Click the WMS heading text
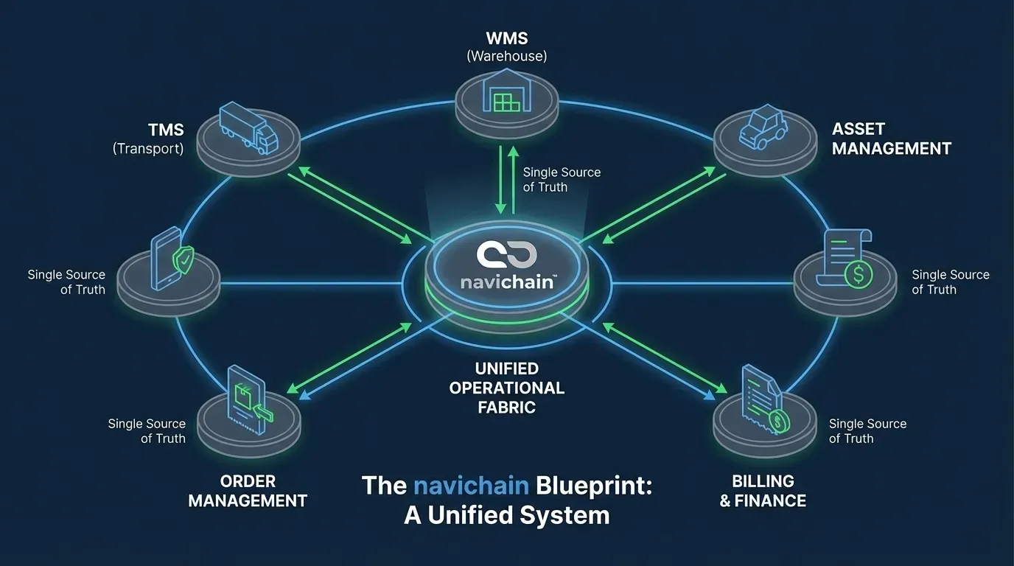click(x=506, y=38)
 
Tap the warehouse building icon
click(x=506, y=91)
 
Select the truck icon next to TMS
click(x=248, y=127)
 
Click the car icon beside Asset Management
click(x=763, y=127)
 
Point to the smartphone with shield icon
click(x=172, y=259)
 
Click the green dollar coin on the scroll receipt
click(x=859, y=274)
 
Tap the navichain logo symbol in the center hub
click(x=506, y=255)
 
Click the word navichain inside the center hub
click(x=506, y=282)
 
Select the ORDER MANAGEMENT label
click(x=248, y=491)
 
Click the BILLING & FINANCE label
click(x=763, y=491)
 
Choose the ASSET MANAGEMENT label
click(x=892, y=139)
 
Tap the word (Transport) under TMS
click(x=148, y=149)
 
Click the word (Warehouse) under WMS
click(x=506, y=56)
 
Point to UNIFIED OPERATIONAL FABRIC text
click(x=506, y=388)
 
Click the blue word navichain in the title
click(x=471, y=485)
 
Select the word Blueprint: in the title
click(x=594, y=486)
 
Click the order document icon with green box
click(x=250, y=400)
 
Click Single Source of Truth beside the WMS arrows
click(x=562, y=179)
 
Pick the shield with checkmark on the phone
click(x=183, y=260)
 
